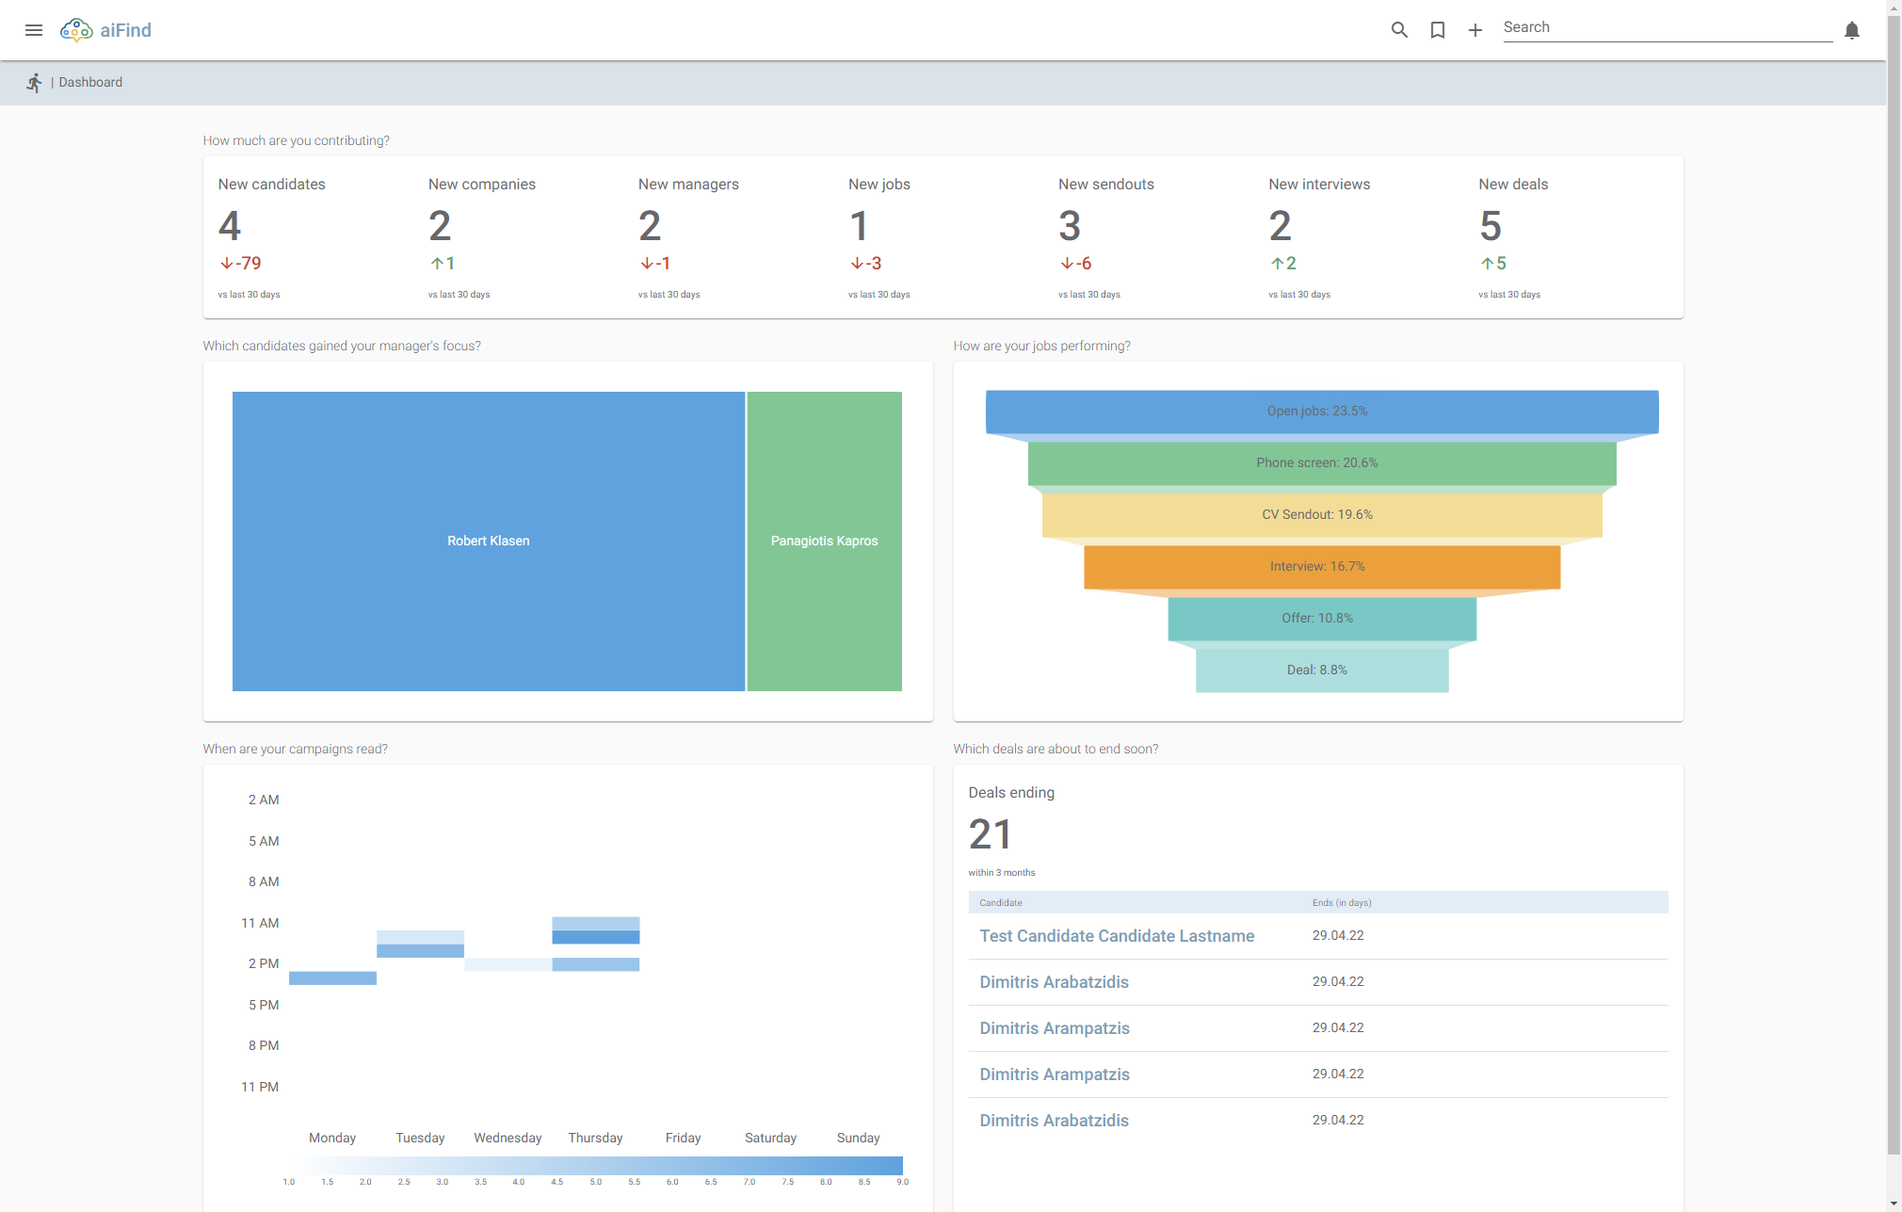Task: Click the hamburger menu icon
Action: [x=34, y=30]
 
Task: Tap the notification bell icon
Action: [x=1851, y=30]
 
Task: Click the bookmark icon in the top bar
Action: [x=1437, y=30]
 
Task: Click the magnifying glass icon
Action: [x=1399, y=30]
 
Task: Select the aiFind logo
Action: [x=105, y=30]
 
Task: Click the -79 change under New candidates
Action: [x=241, y=264]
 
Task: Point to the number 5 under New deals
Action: [x=1490, y=226]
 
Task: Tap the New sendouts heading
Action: [x=1105, y=185]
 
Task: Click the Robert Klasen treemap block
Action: [x=488, y=541]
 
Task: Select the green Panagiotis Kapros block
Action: [x=824, y=541]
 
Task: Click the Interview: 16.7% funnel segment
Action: [x=1316, y=566]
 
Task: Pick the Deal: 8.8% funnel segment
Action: [x=1316, y=670]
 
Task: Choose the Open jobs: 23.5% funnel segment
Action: [x=1316, y=411]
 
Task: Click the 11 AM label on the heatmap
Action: [x=260, y=923]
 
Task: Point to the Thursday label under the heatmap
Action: [x=595, y=1138]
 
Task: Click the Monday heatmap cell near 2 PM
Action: [x=332, y=978]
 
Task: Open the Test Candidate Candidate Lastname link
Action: [x=1117, y=936]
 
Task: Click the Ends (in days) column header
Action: [x=1341, y=902]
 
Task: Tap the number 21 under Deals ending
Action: [x=990, y=834]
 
